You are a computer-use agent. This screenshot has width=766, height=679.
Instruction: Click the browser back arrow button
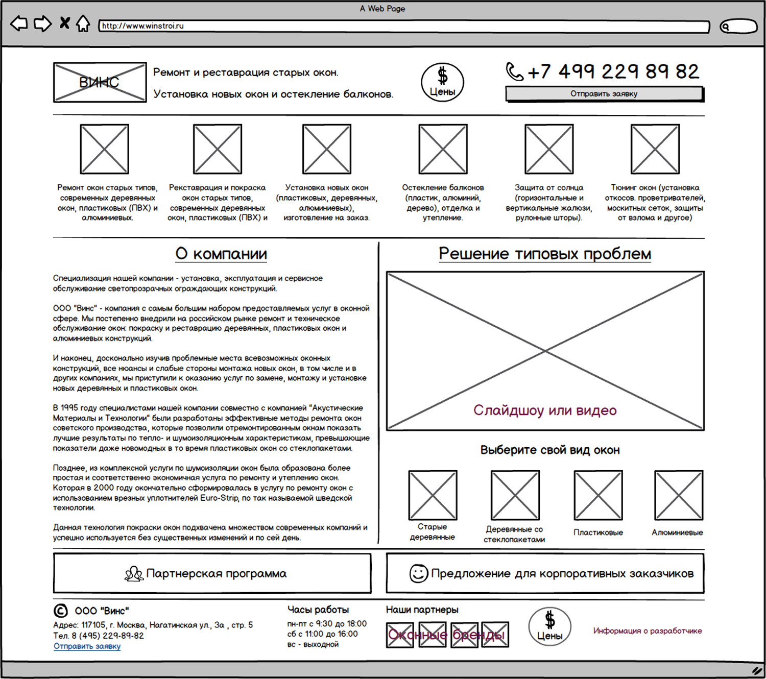tap(19, 24)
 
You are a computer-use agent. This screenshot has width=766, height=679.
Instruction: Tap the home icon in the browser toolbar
tap(83, 24)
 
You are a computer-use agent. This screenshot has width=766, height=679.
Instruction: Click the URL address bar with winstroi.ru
tap(404, 26)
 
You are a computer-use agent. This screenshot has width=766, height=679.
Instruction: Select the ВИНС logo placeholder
tap(100, 82)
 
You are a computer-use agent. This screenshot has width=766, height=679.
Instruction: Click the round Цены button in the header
tap(442, 82)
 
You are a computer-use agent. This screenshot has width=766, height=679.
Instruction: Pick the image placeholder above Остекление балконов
tap(443, 149)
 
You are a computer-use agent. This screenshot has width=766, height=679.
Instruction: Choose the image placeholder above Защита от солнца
tap(549, 149)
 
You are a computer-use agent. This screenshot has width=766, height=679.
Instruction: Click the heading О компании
tap(221, 254)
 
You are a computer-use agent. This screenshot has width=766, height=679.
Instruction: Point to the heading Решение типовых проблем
tap(545, 254)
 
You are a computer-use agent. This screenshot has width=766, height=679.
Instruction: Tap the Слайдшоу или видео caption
tap(545, 410)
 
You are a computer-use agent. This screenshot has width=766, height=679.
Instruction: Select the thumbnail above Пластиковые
tap(598, 495)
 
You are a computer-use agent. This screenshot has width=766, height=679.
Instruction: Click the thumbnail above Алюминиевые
tap(679, 495)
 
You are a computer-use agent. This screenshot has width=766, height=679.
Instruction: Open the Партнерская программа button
tap(212, 573)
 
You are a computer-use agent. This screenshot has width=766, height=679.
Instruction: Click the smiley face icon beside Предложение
tap(419, 573)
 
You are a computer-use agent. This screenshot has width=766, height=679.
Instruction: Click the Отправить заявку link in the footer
tap(87, 646)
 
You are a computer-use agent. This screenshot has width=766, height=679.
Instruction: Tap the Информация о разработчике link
tap(648, 630)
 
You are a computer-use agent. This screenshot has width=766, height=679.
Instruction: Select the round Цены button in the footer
tap(550, 626)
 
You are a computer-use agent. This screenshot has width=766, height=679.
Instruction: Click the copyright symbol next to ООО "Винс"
tap(60, 611)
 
